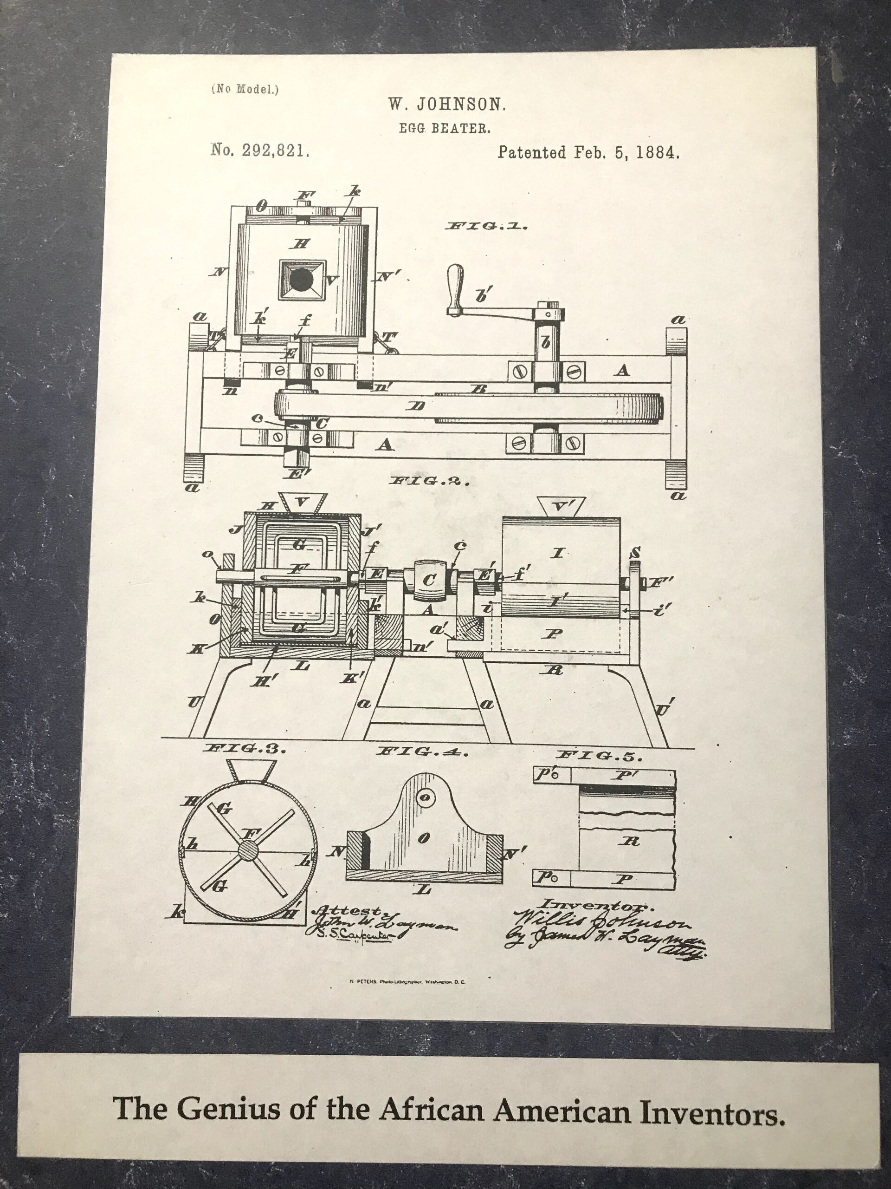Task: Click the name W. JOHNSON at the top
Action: pyautogui.click(x=447, y=105)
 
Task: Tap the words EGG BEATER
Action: pyautogui.click(x=445, y=129)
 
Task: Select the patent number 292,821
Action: pyautogui.click(x=276, y=151)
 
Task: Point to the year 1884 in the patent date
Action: pyautogui.click(x=658, y=153)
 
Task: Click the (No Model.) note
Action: pyautogui.click(x=245, y=90)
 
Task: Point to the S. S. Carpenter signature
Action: pyautogui.click(x=352, y=935)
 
